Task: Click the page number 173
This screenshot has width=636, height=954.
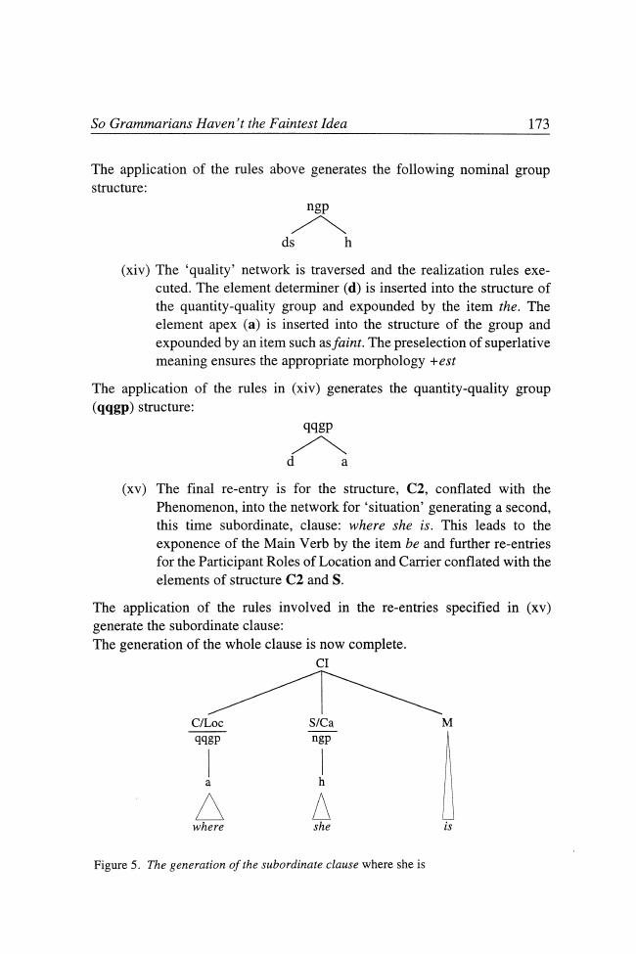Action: (x=538, y=124)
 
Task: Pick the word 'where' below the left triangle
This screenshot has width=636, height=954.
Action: (x=208, y=827)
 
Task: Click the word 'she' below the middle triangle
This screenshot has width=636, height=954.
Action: (x=320, y=827)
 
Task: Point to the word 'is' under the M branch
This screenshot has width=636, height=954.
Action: (x=447, y=827)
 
